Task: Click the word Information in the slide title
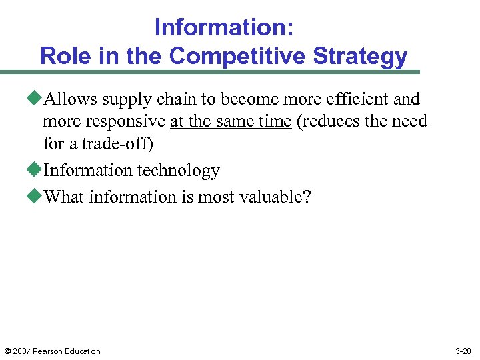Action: click(219, 27)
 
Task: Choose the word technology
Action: click(180, 170)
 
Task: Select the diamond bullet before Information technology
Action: click(37, 170)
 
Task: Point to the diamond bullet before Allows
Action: click(37, 99)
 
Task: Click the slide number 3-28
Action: click(463, 351)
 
